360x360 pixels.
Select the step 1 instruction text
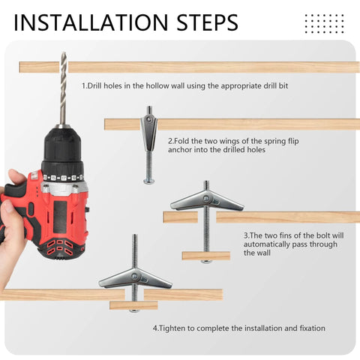pyautogui.click(x=184, y=86)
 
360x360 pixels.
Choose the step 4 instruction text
pyautogui.click(x=239, y=328)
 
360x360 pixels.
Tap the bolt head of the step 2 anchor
pyautogui.click(x=149, y=180)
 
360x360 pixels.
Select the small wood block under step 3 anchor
pyautogui.click(x=205, y=256)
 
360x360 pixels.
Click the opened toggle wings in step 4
pyautogui.click(x=135, y=278)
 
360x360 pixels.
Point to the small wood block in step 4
pyautogui.click(x=133, y=305)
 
